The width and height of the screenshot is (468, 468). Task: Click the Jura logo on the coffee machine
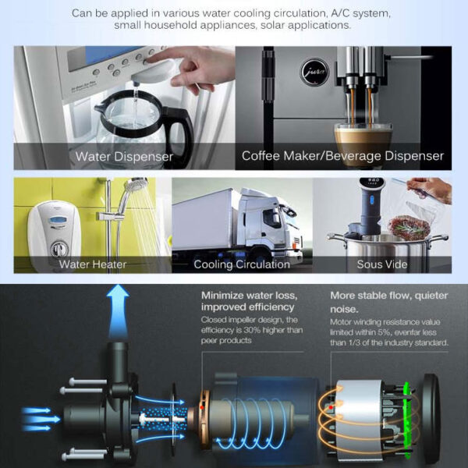coord(314,73)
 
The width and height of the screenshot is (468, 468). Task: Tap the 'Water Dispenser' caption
coord(124,157)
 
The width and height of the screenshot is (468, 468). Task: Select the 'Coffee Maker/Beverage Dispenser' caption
coord(342,156)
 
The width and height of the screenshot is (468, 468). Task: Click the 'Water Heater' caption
coord(93,264)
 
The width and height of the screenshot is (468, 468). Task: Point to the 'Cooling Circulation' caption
coord(242,264)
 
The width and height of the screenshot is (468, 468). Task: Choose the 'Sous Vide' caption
coord(382,264)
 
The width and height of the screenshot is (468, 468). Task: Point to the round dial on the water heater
coord(59,249)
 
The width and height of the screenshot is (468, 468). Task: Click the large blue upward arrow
coord(118,311)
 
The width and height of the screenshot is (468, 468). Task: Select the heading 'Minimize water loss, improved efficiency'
coord(250,301)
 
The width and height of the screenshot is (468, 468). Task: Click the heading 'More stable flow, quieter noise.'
coord(389,302)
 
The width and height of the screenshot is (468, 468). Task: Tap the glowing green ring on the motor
coord(407,420)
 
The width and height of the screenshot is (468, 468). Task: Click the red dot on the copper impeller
coord(202,407)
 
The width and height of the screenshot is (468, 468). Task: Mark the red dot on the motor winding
coord(331,407)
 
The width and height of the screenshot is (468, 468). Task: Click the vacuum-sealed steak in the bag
coord(409,228)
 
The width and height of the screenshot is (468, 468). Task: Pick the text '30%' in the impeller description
coord(253,330)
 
